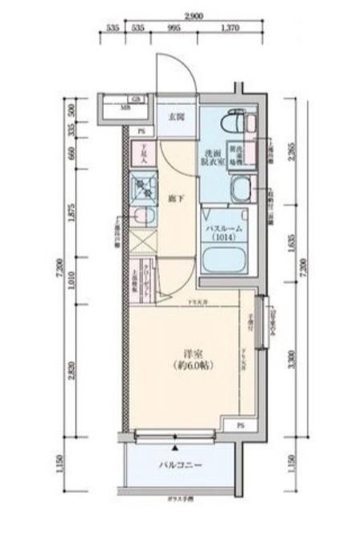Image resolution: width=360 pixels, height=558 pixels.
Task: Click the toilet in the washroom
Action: [242, 122]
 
